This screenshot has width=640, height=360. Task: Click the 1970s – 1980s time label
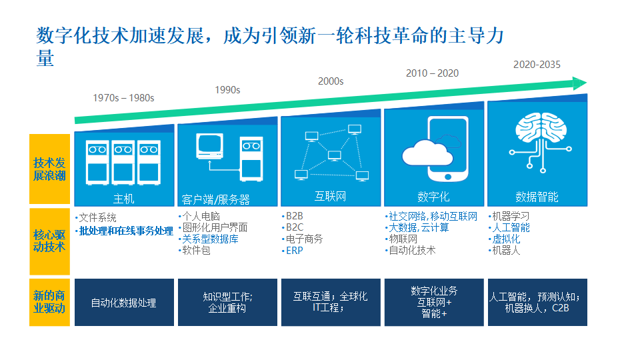coord(123,98)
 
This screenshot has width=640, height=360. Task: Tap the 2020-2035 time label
coord(537,65)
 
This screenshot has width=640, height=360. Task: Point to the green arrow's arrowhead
coord(579,83)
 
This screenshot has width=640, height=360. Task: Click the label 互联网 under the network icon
coord(330,197)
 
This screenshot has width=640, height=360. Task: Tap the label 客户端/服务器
coord(215,199)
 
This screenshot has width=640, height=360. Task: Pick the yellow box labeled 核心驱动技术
coord(49,241)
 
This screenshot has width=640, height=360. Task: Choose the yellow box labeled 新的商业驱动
coord(49,302)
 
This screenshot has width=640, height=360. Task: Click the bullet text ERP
coord(295,251)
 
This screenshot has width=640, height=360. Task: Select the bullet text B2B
coord(295,217)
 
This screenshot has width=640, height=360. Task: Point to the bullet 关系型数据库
coord(210,239)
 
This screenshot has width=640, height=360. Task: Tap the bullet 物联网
coord(403,239)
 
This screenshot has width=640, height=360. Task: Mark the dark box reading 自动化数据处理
coord(123,303)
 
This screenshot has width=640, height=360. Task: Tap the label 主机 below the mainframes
coord(123,199)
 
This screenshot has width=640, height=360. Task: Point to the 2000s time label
coord(331,81)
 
